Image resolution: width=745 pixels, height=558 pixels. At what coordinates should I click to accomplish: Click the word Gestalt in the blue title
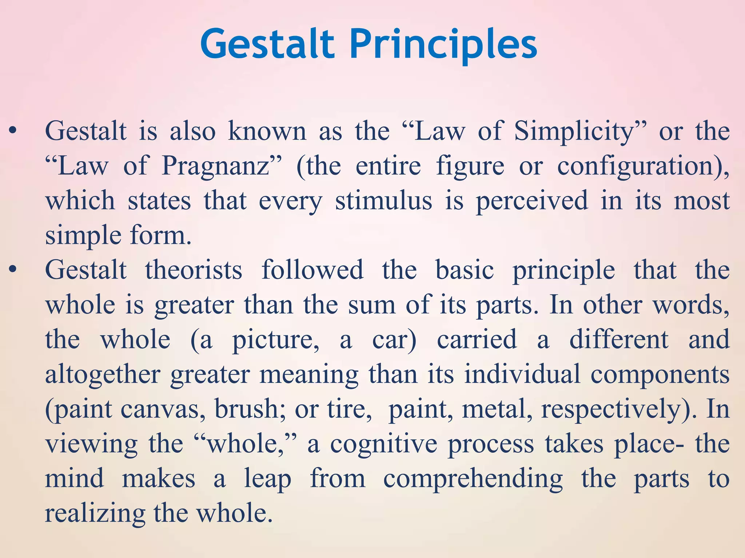(267, 45)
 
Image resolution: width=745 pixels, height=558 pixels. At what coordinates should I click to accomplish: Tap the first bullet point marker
(13, 131)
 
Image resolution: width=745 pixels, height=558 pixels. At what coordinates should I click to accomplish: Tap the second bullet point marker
(13, 270)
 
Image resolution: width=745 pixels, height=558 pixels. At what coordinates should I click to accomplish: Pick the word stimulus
(383, 201)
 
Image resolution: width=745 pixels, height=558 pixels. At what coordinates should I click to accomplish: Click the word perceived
(531, 201)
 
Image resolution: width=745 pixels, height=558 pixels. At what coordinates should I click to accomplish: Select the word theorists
(194, 270)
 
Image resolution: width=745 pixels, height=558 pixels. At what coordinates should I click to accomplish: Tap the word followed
(312, 270)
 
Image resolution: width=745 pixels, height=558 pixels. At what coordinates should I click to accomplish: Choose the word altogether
(103, 375)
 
